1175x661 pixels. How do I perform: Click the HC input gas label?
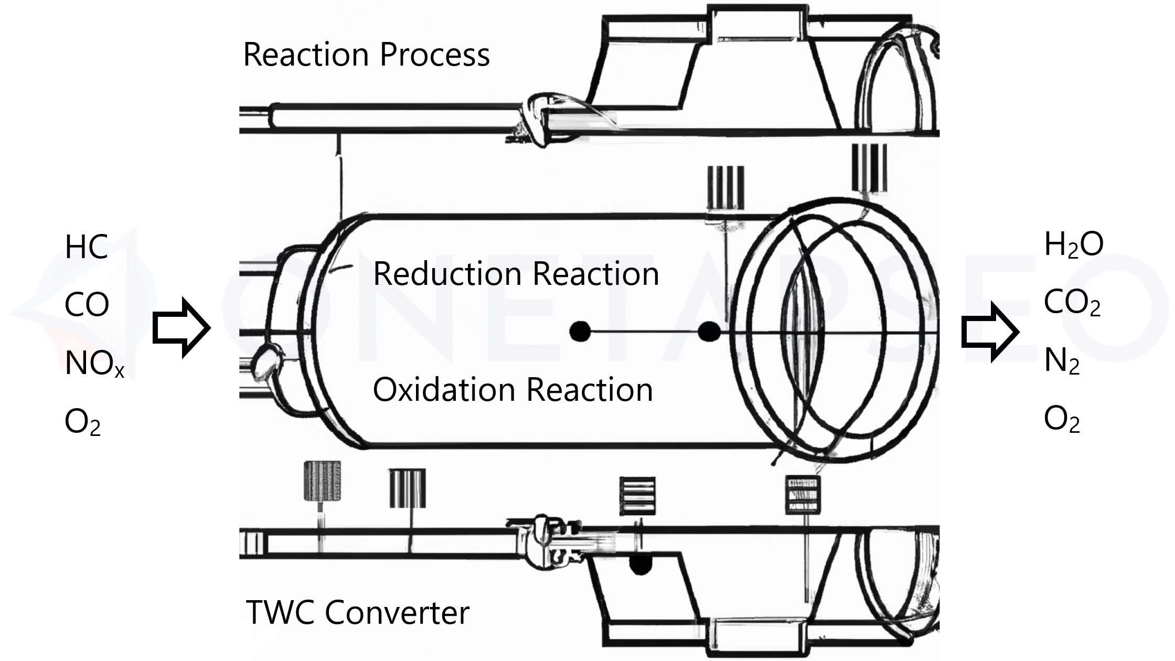coord(87,247)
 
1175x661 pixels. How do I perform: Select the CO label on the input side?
coord(87,305)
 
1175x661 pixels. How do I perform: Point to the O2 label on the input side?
coord(82,422)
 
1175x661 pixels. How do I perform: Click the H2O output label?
coord(1073,245)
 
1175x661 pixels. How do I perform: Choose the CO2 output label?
coord(1072,303)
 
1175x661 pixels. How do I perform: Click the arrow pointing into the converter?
coord(181,328)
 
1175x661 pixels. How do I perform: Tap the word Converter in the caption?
coord(397,612)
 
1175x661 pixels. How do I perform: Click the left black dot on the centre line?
coord(580,332)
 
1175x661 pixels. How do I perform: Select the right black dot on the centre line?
coord(710,332)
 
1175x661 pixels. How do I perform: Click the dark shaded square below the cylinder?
coord(322,481)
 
